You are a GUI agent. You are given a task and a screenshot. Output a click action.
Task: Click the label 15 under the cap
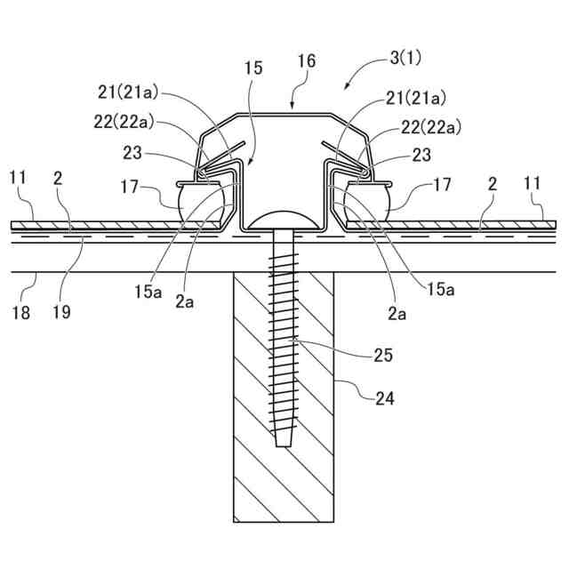[252, 68]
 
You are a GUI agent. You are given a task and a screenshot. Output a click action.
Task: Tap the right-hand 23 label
[421, 155]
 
